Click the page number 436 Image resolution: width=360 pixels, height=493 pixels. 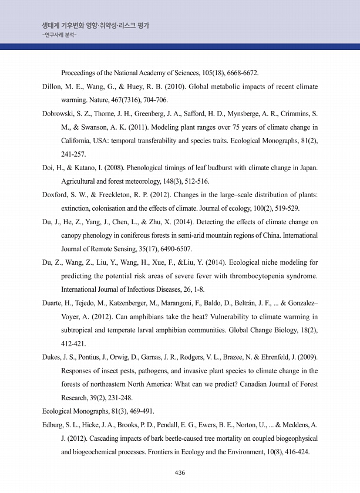(180, 473)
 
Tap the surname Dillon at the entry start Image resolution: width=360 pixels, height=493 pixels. (53, 87)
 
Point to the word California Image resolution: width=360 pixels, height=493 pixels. (78, 141)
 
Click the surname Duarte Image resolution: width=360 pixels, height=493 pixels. (55, 304)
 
